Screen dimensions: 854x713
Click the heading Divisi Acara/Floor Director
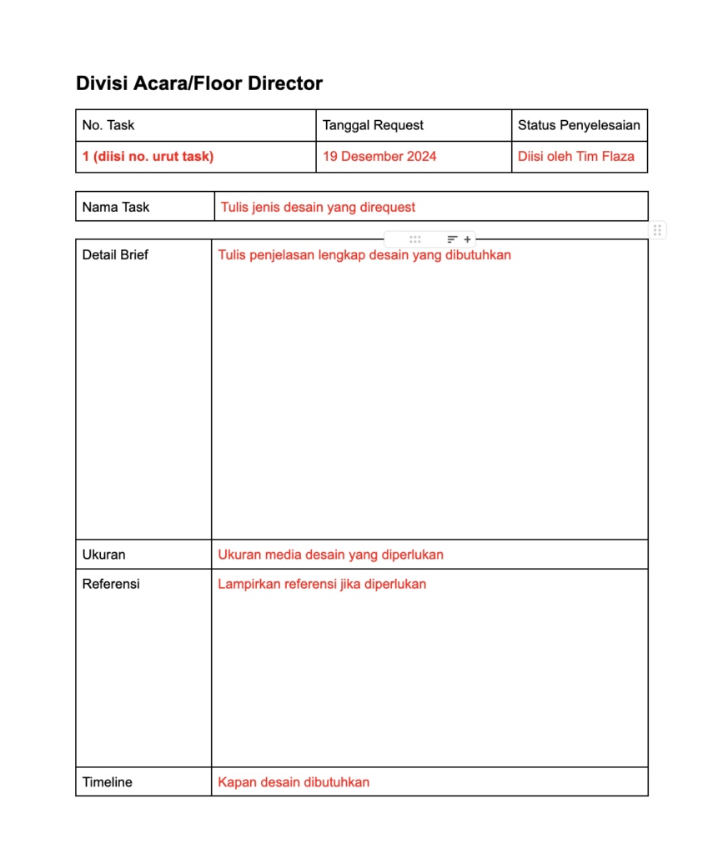tap(198, 83)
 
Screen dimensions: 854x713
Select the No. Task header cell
tap(108, 125)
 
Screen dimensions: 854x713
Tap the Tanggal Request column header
tap(373, 125)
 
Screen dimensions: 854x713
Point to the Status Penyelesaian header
tap(579, 125)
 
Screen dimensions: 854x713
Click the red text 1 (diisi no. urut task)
tap(148, 156)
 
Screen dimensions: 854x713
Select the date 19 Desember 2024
tap(379, 156)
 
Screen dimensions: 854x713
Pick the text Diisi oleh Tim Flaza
tap(575, 156)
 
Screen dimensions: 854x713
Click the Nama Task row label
tap(116, 207)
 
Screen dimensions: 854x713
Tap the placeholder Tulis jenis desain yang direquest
tap(318, 207)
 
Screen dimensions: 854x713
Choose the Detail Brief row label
tap(115, 255)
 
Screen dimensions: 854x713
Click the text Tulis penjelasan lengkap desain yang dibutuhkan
tap(364, 255)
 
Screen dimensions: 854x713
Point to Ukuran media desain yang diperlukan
tap(330, 555)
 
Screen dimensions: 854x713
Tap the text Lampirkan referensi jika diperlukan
tap(322, 584)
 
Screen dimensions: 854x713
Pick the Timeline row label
tap(108, 782)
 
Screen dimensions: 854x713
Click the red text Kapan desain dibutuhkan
tap(294, 782)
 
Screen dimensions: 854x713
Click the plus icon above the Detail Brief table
tap(467, 239)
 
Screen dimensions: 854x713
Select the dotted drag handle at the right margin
tap(657, 230)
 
